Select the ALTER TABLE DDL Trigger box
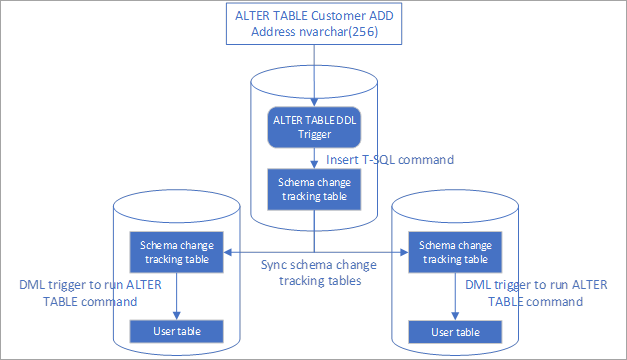tap(313, 128)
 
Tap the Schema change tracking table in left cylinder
tap(176, 251)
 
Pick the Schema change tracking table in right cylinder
tap(455, 251)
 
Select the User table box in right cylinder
tap(455, 331)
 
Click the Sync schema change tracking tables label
tap(313, 273)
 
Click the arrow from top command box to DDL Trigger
tap(314, 75)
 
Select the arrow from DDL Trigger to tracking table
tap(314, 158)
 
